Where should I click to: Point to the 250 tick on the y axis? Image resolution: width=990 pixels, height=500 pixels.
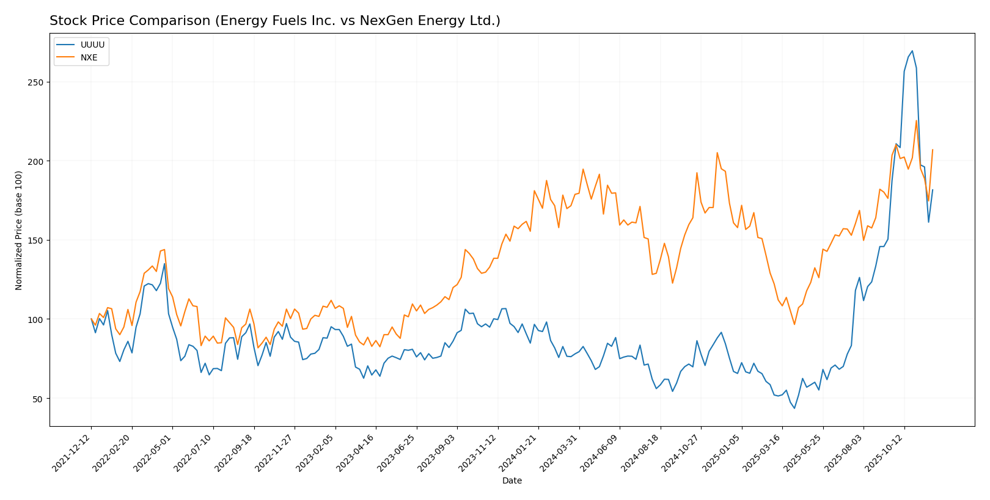coord(38,82)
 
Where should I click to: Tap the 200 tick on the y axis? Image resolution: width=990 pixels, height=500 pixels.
coord(38,161)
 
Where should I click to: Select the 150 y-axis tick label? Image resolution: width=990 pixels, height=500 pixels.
coord(38,241)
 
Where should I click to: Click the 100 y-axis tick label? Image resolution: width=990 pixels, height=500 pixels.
coord(38,319)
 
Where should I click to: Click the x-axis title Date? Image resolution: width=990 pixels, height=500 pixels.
coord(512,481)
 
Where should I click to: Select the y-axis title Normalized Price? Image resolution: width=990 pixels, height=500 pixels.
coord(19,230)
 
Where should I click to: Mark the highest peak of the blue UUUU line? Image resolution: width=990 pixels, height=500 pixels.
coord(912,51)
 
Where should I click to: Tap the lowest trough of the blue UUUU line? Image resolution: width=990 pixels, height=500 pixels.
coord(794,408)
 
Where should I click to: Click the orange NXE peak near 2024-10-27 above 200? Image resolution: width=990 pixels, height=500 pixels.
coord(717,153)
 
